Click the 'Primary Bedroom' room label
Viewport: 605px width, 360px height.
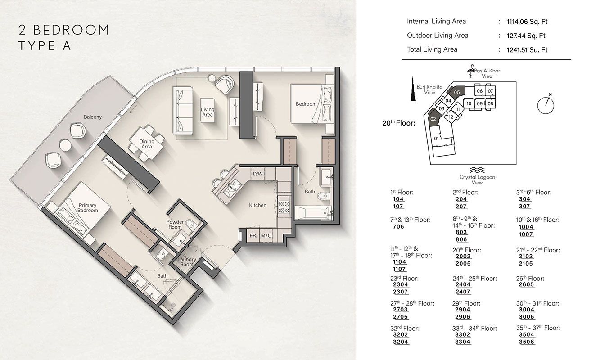coord(87,208)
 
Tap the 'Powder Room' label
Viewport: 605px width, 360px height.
coord(175,225)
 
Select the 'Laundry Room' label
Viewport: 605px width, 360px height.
coord(186,262)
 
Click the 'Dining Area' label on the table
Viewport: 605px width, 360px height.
coord(146,144)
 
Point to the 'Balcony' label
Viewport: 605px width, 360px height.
coord(93,117)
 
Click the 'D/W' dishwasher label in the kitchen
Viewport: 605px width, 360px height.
coord(257,174)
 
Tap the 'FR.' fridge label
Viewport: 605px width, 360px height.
coord(253,235)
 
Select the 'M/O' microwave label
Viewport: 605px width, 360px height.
coord(266,235)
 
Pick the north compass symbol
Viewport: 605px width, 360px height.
coord(546,103)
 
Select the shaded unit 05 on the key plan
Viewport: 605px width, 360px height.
coord(457,92)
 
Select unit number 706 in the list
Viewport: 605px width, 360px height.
coord(398,227)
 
